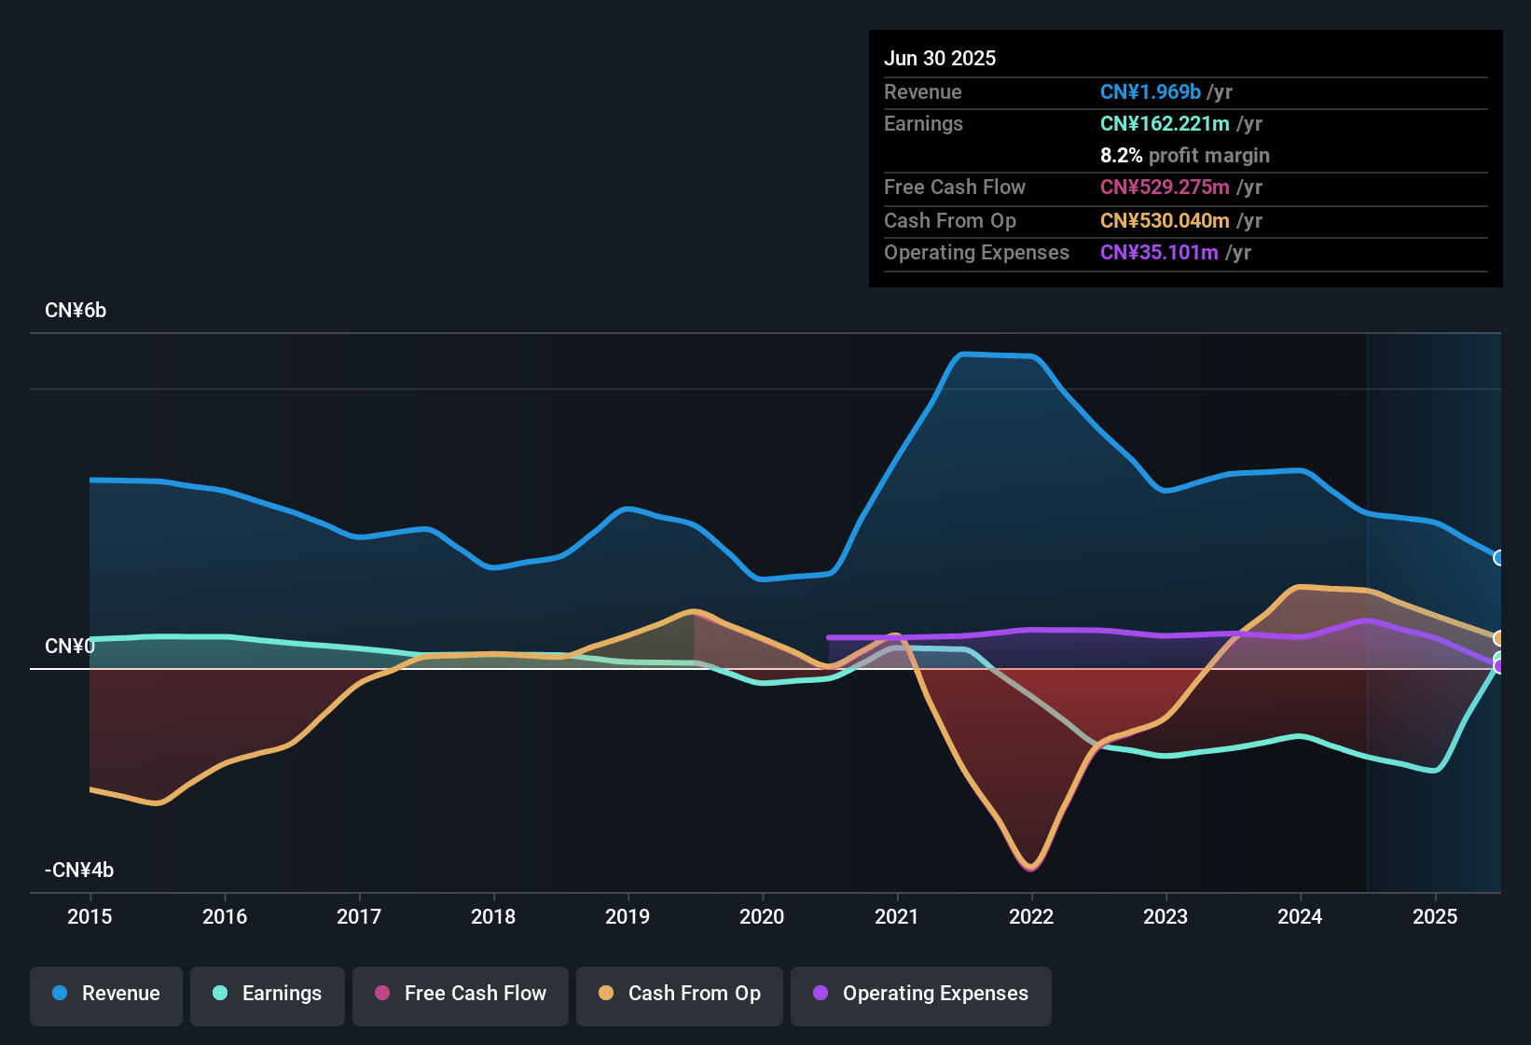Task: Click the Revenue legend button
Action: point(106,994)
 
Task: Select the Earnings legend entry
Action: point(268,994)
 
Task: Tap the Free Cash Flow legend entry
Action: point(461,994)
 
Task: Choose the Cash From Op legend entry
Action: point(680,994)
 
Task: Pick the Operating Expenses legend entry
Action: point(921,994)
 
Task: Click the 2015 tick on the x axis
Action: point(90,916)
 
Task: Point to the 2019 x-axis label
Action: point(628,916)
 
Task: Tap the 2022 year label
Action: point(1031,916)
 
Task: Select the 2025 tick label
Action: point(1435,916)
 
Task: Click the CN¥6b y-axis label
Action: point(76,311)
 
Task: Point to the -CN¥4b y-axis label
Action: point(79,871)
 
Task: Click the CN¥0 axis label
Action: point(70,647)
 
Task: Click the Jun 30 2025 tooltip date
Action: point(940,58)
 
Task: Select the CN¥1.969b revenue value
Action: point(1150,91)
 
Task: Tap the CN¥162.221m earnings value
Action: point(1165,123)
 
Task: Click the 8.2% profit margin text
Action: point(1184,155)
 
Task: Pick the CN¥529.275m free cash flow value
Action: point(1165,187)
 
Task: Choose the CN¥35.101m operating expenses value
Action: point(1159,252)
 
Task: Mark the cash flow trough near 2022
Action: point(1030,867)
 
